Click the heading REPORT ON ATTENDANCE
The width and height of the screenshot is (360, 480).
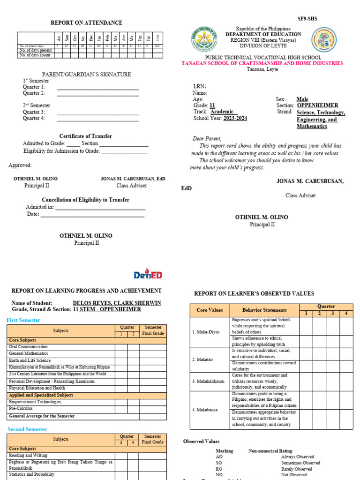(x=86, y=22)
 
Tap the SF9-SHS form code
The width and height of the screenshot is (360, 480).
(x=307, y=19)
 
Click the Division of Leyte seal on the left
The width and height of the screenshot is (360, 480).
(x=204, y=40)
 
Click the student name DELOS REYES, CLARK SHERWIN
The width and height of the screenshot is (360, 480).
(x=117, y=303)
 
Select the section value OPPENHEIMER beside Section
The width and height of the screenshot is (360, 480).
(x=317, y=106)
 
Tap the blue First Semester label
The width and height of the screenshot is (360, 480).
(x=23, y=320)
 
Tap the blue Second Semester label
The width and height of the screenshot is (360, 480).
(x=27, y=429)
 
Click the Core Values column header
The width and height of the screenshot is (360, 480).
(x=210, y=310)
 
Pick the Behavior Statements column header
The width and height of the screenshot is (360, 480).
(x=264, y=310)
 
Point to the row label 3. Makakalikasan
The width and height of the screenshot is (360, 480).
(x=209, y=381)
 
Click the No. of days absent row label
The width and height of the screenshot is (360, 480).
(x=35, y=55)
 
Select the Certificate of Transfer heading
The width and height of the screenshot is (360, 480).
(x=85, y=136)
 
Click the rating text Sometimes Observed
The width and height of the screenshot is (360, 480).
(x=300, y=463)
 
